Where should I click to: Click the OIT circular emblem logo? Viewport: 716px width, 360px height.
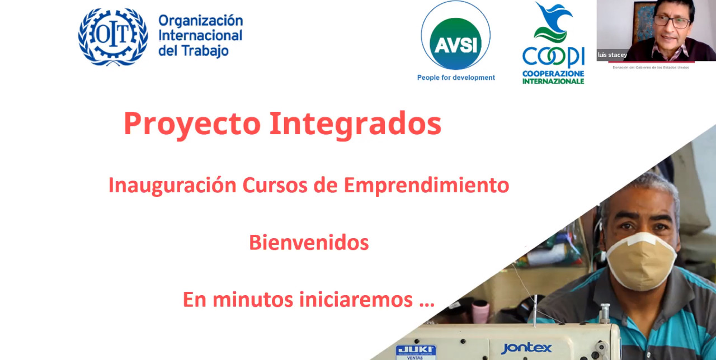click(x=113, y=37)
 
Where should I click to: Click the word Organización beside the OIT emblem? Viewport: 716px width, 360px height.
click(x=200, y=21)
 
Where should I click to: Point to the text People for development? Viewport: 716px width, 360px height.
click(x=456, y=78)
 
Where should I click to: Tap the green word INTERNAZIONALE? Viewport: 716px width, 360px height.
click(x=553, y=81)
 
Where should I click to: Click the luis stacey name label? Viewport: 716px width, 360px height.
click(x=612, y=55)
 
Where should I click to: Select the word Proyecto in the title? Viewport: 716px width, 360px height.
click(x=192, y=124)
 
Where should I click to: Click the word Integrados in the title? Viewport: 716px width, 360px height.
click(x=355, y=124)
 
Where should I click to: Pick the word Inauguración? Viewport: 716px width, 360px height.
click(x=172, y=185)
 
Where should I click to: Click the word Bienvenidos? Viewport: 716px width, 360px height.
click(x=309, y=243)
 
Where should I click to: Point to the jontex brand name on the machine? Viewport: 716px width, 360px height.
click(x=526, y=348)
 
